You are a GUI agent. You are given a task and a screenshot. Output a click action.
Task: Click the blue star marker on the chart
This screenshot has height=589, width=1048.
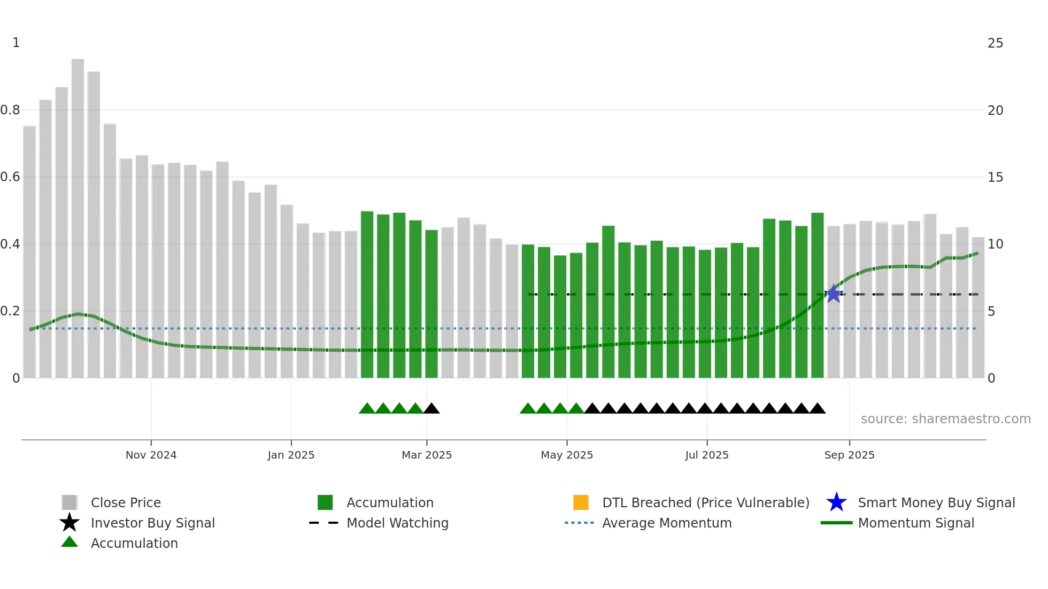tap(833, 293)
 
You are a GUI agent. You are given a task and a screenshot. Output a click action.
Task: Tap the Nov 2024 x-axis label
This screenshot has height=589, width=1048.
tap(151, 455)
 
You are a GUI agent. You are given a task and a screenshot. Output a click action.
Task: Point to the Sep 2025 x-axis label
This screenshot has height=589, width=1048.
tap(849, 455)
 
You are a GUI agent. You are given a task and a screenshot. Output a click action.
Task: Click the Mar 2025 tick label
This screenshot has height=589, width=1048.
tap(427, 455)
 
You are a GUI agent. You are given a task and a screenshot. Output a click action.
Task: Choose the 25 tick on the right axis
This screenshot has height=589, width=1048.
tap(995, 43)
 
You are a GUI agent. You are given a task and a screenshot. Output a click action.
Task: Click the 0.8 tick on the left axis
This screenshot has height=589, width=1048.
tap(10, 110)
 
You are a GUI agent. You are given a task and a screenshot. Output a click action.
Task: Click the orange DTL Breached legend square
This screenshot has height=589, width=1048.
tap(581, 502)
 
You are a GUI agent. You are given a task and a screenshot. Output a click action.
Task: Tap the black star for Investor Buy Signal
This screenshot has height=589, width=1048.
tap(70, 523)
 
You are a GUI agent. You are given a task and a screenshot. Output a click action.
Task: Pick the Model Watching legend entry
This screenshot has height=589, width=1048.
tap(397, 523)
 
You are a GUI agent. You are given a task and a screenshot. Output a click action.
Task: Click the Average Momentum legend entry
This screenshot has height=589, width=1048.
tap(666, 523)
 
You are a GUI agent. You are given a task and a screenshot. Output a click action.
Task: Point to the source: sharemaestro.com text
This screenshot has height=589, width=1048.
tap(945, 419)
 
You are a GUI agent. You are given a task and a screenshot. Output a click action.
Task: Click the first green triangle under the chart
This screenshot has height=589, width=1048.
tap(367, 409)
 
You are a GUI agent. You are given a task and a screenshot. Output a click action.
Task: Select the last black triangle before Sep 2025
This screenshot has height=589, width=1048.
tap(817, 409)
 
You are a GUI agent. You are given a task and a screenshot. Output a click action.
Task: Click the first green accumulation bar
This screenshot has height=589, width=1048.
tap(367, 294)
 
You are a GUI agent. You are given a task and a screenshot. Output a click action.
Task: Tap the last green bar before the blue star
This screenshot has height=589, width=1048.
tap(817, 294)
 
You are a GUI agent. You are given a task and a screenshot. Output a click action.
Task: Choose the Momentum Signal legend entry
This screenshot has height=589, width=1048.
tap(915, 523)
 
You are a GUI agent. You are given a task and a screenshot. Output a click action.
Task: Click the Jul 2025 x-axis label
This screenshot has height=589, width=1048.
tap(706, 455)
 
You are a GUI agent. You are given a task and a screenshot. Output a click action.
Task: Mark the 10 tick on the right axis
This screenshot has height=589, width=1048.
tap(995, 244)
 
